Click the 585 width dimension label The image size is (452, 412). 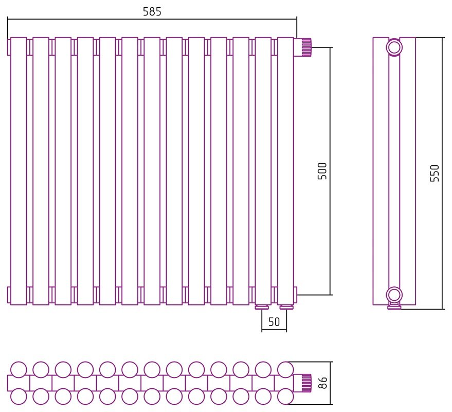152,11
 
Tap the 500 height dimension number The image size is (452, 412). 322,171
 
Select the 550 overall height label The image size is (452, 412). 435,173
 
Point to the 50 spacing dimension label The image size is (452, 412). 274,322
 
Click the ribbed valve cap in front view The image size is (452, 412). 306,47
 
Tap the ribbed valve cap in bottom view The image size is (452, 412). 306,383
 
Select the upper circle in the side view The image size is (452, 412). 394,47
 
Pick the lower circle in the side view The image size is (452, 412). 394,295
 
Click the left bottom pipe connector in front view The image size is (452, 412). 262,307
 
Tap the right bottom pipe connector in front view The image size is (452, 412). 286,307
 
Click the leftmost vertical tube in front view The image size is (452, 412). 19,171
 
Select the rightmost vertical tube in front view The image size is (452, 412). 285,171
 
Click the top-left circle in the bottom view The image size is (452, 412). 19,370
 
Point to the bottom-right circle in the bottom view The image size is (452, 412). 285,396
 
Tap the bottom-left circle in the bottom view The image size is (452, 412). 19,396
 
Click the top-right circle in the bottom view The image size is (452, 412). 285,370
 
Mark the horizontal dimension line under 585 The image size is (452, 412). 152,19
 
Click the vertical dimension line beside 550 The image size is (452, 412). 442,173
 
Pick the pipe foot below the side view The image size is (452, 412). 394,306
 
